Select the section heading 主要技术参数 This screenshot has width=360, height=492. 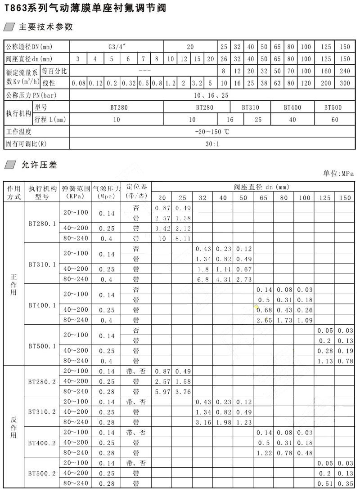coord(45,27)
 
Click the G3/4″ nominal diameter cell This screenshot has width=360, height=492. coord(117,47)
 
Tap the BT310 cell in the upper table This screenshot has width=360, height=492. coord(250,107)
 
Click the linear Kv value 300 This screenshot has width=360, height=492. coord(345,83)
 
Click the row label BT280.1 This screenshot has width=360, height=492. coord(42,223)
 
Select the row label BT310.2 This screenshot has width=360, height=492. coord(42,411)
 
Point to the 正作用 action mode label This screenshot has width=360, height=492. coord(13,284)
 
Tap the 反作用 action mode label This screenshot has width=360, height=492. coord(13,427)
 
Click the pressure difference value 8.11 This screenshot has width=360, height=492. coord(183,238)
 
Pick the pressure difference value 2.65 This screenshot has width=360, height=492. coord(264,320)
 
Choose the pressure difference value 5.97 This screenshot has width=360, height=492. coord(162,391)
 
